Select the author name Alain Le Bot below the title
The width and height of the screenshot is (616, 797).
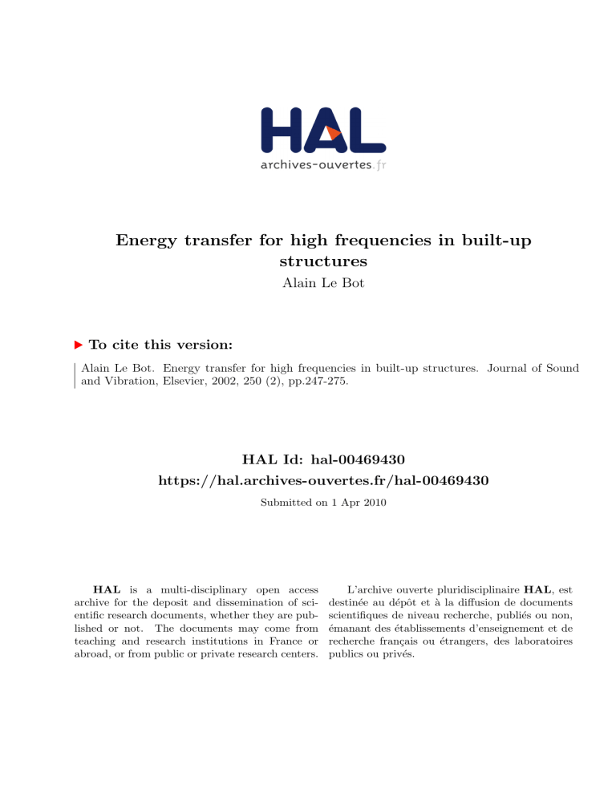(307, 283)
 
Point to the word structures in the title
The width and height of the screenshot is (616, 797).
(307, 262)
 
